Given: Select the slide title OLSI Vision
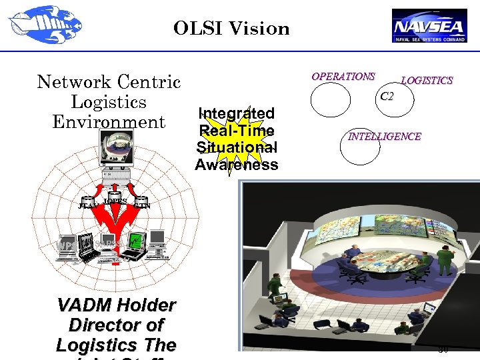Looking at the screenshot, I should pyautogui.click(x=231, y=29).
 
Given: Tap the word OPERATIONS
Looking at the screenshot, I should pyautogui.click(x=343, y=77).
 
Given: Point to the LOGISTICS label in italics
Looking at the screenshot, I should pyautogui.click(x=427, y=81).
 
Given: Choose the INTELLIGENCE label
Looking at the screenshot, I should pyautogui.click(x=385, y=137).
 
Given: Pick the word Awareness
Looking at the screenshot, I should pyautogui.click(x=236, y=165).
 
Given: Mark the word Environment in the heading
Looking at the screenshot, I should pyautogui.click(x=109, y=123).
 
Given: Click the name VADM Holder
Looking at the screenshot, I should pyautogui.click(x=117, y=305).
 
